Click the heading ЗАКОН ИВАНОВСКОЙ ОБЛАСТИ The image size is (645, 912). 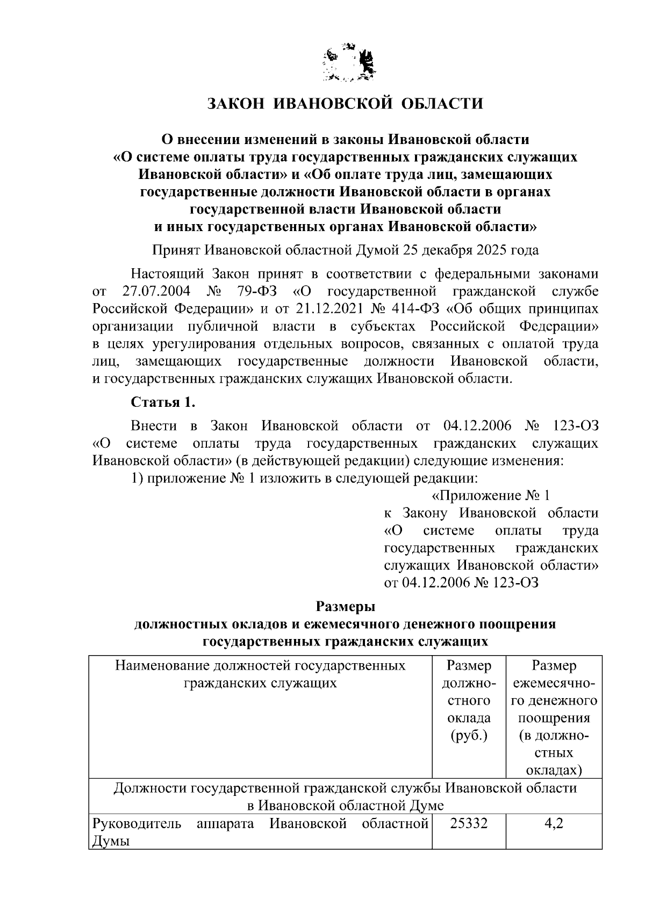tap(346, 103)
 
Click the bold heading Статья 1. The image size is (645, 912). tap(160, 403)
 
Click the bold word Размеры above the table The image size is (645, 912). tap(345, 606)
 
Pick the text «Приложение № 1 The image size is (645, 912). tap(491, 495)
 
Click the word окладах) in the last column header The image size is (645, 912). tap(554, 771)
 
